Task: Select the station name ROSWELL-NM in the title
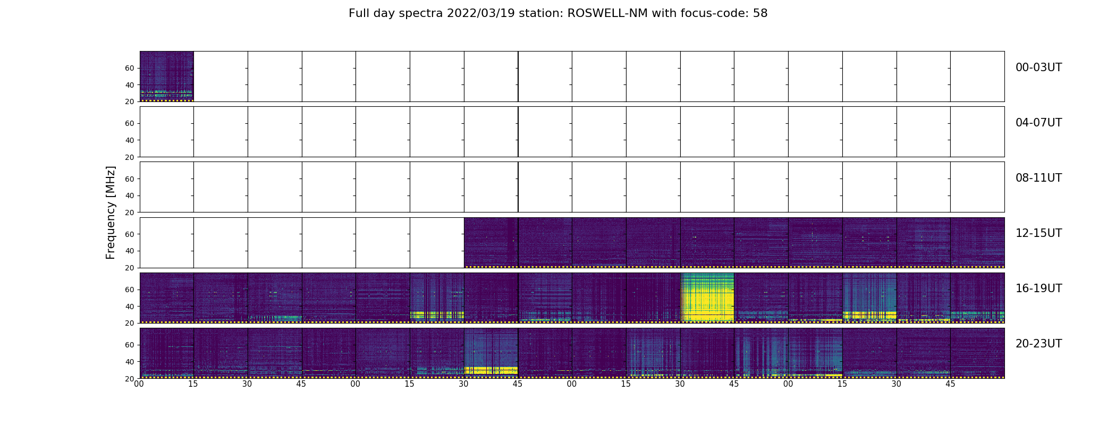[x=607, y=13]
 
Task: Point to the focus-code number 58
[x=760, y=13]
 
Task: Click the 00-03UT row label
[x=1038, y=67]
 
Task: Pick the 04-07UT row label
[x=1038, y=123]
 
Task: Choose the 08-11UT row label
[x=1038, y=178]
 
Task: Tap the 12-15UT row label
[x=1038, y=233]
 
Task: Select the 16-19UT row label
[x=1038, y=288]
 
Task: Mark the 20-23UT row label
[x=1038, y=344]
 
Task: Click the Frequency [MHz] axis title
[x=111, y=212]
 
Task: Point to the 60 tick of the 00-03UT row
[x=129, y=68]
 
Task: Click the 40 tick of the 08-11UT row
[x=129, y=195]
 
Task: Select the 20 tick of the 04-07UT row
[x=129, y=157]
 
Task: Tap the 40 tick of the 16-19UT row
[x=129, y=307]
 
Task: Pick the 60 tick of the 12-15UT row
[x=129, y=234]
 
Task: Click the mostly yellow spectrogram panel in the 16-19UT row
[x=707, y=297]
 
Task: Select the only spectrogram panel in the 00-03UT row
[x=166, y=76]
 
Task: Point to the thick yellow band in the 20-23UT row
[x=491, y=370]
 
